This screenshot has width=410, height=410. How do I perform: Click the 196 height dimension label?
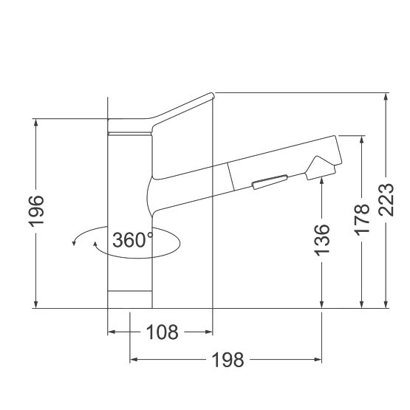(x=36, y=211)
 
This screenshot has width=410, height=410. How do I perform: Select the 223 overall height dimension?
(x=386, y=200)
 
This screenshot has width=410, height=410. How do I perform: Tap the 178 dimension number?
(x=362, y=219)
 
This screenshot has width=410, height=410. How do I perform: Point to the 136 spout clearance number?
(x=322, y=240)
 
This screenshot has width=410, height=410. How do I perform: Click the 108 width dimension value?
(x=162, y=332)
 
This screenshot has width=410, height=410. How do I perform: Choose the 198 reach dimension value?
(x=228, y=360)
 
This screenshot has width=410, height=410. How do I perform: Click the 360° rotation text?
(x=132, y=240)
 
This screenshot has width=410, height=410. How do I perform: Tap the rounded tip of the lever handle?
(x=212, y=96)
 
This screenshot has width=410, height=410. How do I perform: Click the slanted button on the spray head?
(x=270, y=182)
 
